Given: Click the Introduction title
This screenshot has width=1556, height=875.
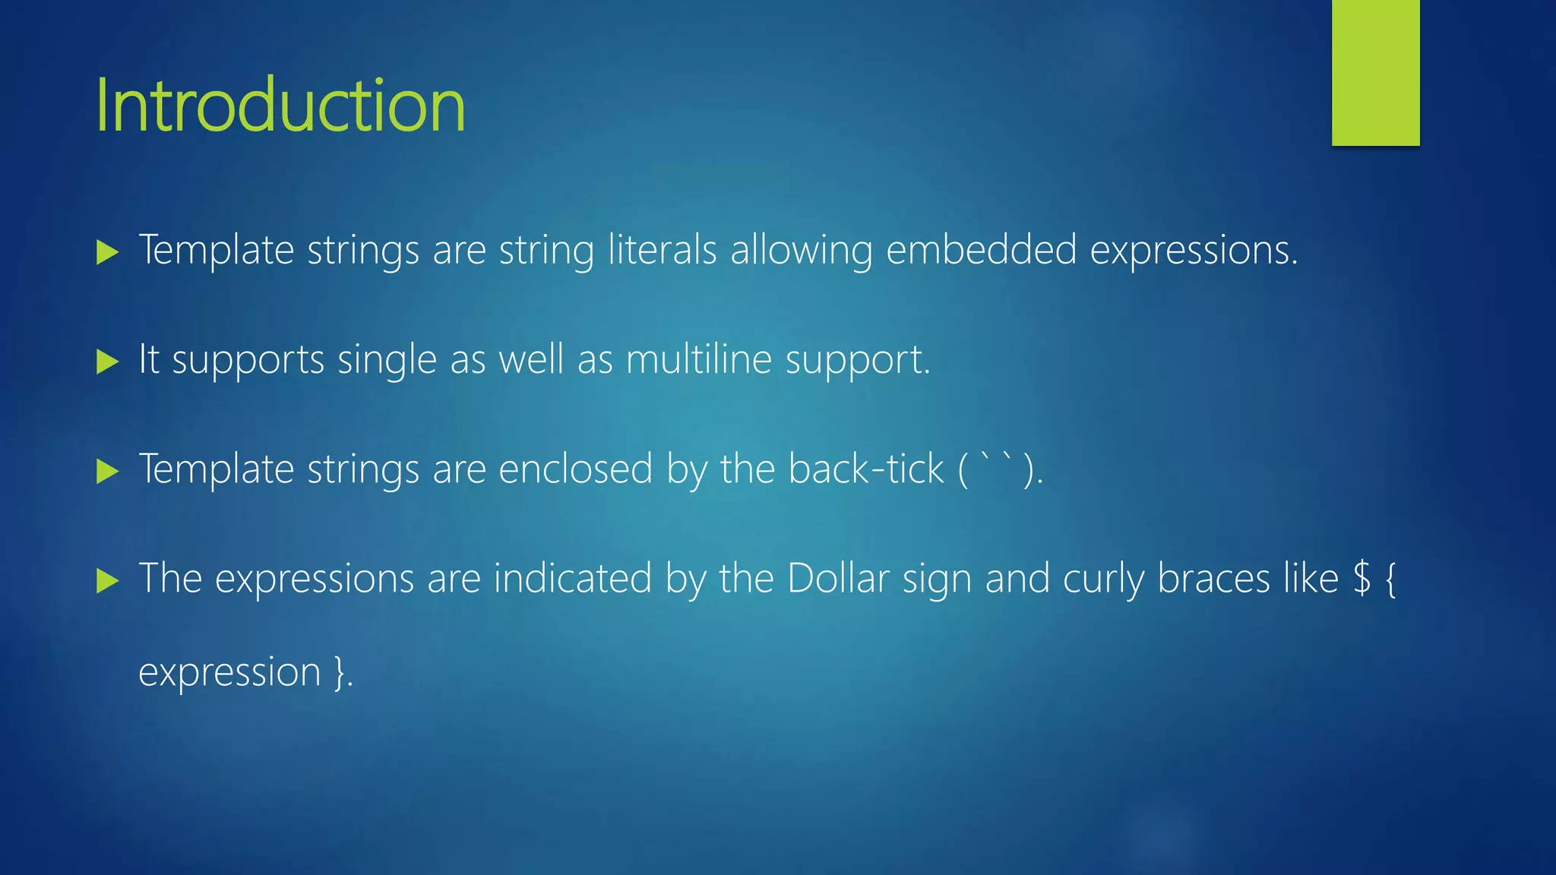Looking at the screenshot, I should tap(280, 106).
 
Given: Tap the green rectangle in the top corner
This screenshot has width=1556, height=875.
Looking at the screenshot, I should tap(1375, 72).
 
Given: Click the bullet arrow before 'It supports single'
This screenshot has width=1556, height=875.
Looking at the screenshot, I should tap(108, 362).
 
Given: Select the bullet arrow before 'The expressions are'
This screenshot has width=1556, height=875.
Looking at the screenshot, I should tap(108, 582).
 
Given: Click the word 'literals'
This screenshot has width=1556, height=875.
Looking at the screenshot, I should tap(662, 250).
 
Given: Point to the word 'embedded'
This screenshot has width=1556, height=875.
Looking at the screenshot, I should tap(981, 250).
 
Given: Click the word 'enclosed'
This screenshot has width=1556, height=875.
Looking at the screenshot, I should tap(575, 469).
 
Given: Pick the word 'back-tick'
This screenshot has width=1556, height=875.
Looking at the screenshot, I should tap(865, 469).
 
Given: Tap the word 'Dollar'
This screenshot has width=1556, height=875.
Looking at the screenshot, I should tap(838, 579).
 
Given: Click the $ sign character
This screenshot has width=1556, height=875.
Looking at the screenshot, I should tap(1362, 579).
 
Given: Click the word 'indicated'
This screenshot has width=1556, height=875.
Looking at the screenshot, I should tap(572, 579).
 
